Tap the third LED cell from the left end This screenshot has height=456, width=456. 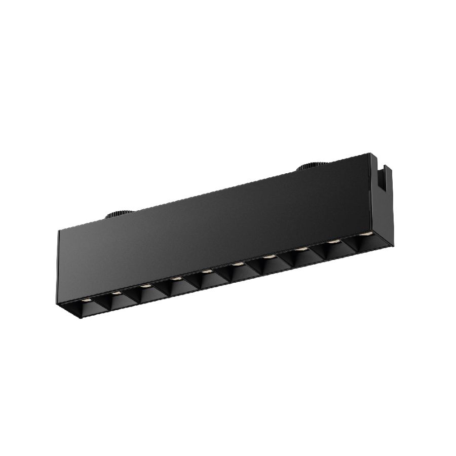(x=145, y=290)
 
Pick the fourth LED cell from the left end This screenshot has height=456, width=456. (x=175, y=282)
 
